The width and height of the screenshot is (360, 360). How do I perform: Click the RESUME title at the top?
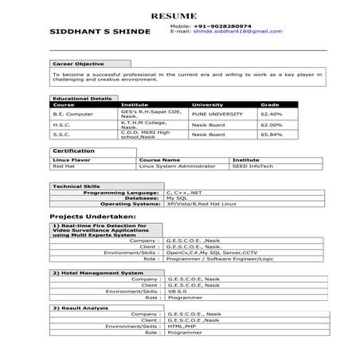[x=172, y=16]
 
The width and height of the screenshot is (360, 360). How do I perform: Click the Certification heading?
[x=73, y=151]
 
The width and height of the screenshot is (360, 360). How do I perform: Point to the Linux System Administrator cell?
[x=176, y=166]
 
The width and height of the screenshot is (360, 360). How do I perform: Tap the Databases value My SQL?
[x=176, y=198]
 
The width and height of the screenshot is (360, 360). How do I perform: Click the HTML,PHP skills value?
[x=182, y=326]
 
